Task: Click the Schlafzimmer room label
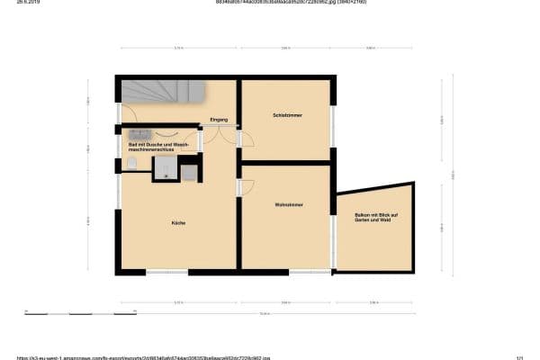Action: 288,115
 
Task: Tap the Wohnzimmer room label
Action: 289,205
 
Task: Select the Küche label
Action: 178,222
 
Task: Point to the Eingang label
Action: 219,120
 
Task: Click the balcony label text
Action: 376,218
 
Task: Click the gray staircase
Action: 162,93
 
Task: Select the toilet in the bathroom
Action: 131,163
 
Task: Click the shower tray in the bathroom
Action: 164,169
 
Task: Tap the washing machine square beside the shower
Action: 189,173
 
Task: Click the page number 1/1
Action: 520,356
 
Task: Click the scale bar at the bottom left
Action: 54,313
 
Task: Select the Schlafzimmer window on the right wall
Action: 333,126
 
